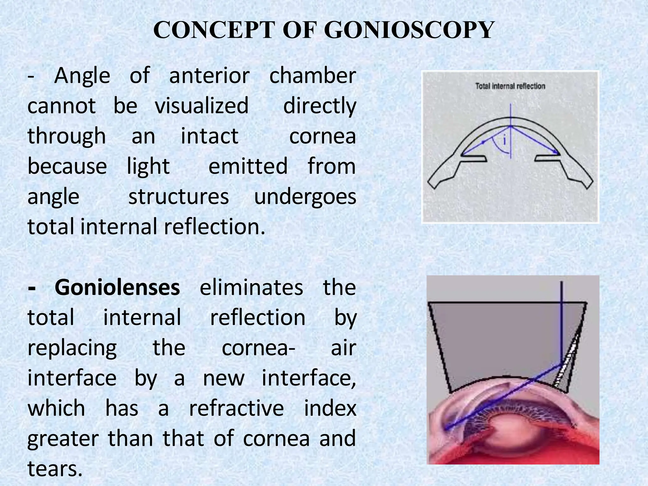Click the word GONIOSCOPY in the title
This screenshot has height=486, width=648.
[x=408, y=30]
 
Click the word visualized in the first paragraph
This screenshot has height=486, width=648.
[x=202, y=106]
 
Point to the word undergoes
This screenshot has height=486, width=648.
[x=305, y=197]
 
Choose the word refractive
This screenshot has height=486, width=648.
[x=236, y=408]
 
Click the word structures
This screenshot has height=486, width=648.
[x=178, y=197]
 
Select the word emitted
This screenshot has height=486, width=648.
[x=248, y=166]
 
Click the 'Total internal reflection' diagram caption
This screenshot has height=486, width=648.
[x=510, y=86]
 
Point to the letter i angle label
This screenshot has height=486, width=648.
[x=505, y=140]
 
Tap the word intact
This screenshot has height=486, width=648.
[x=209, y=136]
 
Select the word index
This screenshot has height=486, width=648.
[x=330, y=408]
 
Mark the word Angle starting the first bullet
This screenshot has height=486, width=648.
[x=82, y=76]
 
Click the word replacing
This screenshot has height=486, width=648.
[x=72, y=348]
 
